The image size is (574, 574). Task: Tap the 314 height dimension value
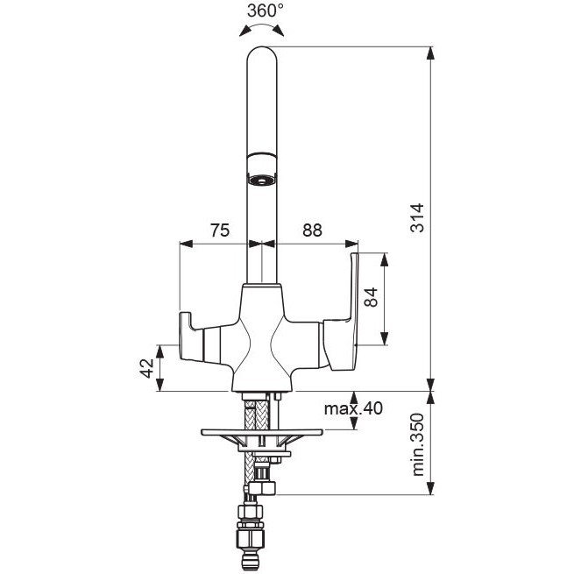click(x=417, y=218)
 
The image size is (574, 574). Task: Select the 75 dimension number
click(x=220, y=230)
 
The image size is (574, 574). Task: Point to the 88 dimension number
click(x=312, y=230)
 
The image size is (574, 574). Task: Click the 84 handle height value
click(x=372, y=297)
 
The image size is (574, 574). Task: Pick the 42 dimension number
click(x=147, y=368)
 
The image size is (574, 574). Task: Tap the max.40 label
click(x=353, y=407)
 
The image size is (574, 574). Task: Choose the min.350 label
click(x=417, y=444)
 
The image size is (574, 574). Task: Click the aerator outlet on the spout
click(x=262, y=181)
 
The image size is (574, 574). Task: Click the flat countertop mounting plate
click(x=262, y=432)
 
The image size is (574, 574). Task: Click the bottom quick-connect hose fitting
click(x=250, y=538)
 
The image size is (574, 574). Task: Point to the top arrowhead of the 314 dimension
click(x=431, y=53)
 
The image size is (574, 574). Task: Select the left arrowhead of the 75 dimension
click(x=186, y=244)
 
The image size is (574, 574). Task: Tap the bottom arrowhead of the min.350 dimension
click(x=431, y=488)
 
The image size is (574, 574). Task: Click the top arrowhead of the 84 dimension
click(x=384, y=259)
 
